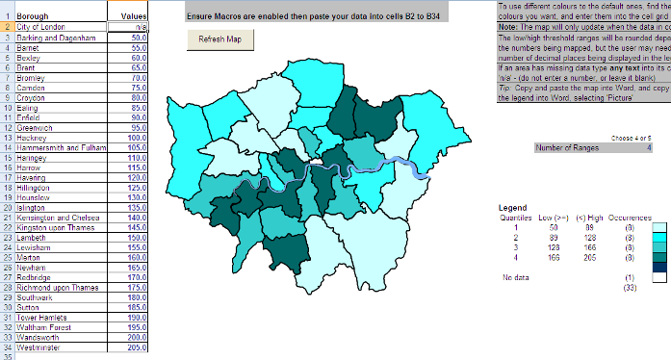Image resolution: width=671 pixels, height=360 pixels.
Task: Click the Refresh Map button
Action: (219, 39)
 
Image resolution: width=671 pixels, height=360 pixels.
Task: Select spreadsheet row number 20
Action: (7, 207)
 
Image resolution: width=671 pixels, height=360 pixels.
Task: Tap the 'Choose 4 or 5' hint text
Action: (632, 139)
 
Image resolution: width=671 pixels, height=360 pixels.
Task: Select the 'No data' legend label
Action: (515, 278)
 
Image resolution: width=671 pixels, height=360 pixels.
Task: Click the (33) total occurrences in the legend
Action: (628, 288)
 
